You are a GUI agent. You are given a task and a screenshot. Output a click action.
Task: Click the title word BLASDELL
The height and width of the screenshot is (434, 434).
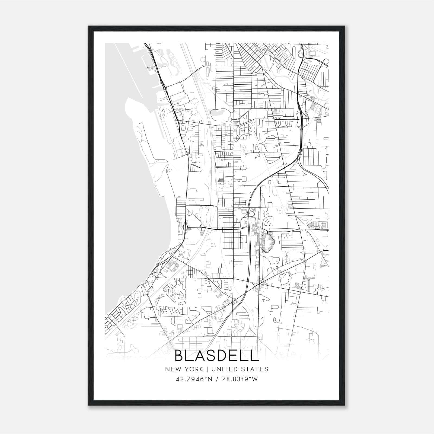(x=216, y=356)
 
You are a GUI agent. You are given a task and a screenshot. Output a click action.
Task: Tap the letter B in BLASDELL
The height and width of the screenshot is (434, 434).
(x=180, y=356)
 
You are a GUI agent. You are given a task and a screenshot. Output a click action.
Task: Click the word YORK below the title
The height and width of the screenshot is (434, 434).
(x=193, y=369)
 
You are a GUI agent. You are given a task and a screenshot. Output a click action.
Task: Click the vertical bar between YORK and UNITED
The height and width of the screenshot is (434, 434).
(x=207, y=369)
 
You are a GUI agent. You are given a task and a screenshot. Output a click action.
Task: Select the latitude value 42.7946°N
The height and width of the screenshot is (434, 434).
(x=194, y=379)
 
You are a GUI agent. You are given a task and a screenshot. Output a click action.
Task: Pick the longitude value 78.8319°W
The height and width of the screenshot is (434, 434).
(x=240, y=379)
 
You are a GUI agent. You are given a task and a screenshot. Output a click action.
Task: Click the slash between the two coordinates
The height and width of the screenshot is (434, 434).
(x=217, y=379)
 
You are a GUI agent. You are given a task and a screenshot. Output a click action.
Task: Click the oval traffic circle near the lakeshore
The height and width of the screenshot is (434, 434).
(x=185, y=226)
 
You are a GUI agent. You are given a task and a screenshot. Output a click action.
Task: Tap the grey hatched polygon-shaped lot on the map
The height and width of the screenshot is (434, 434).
(x=268, y=243)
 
